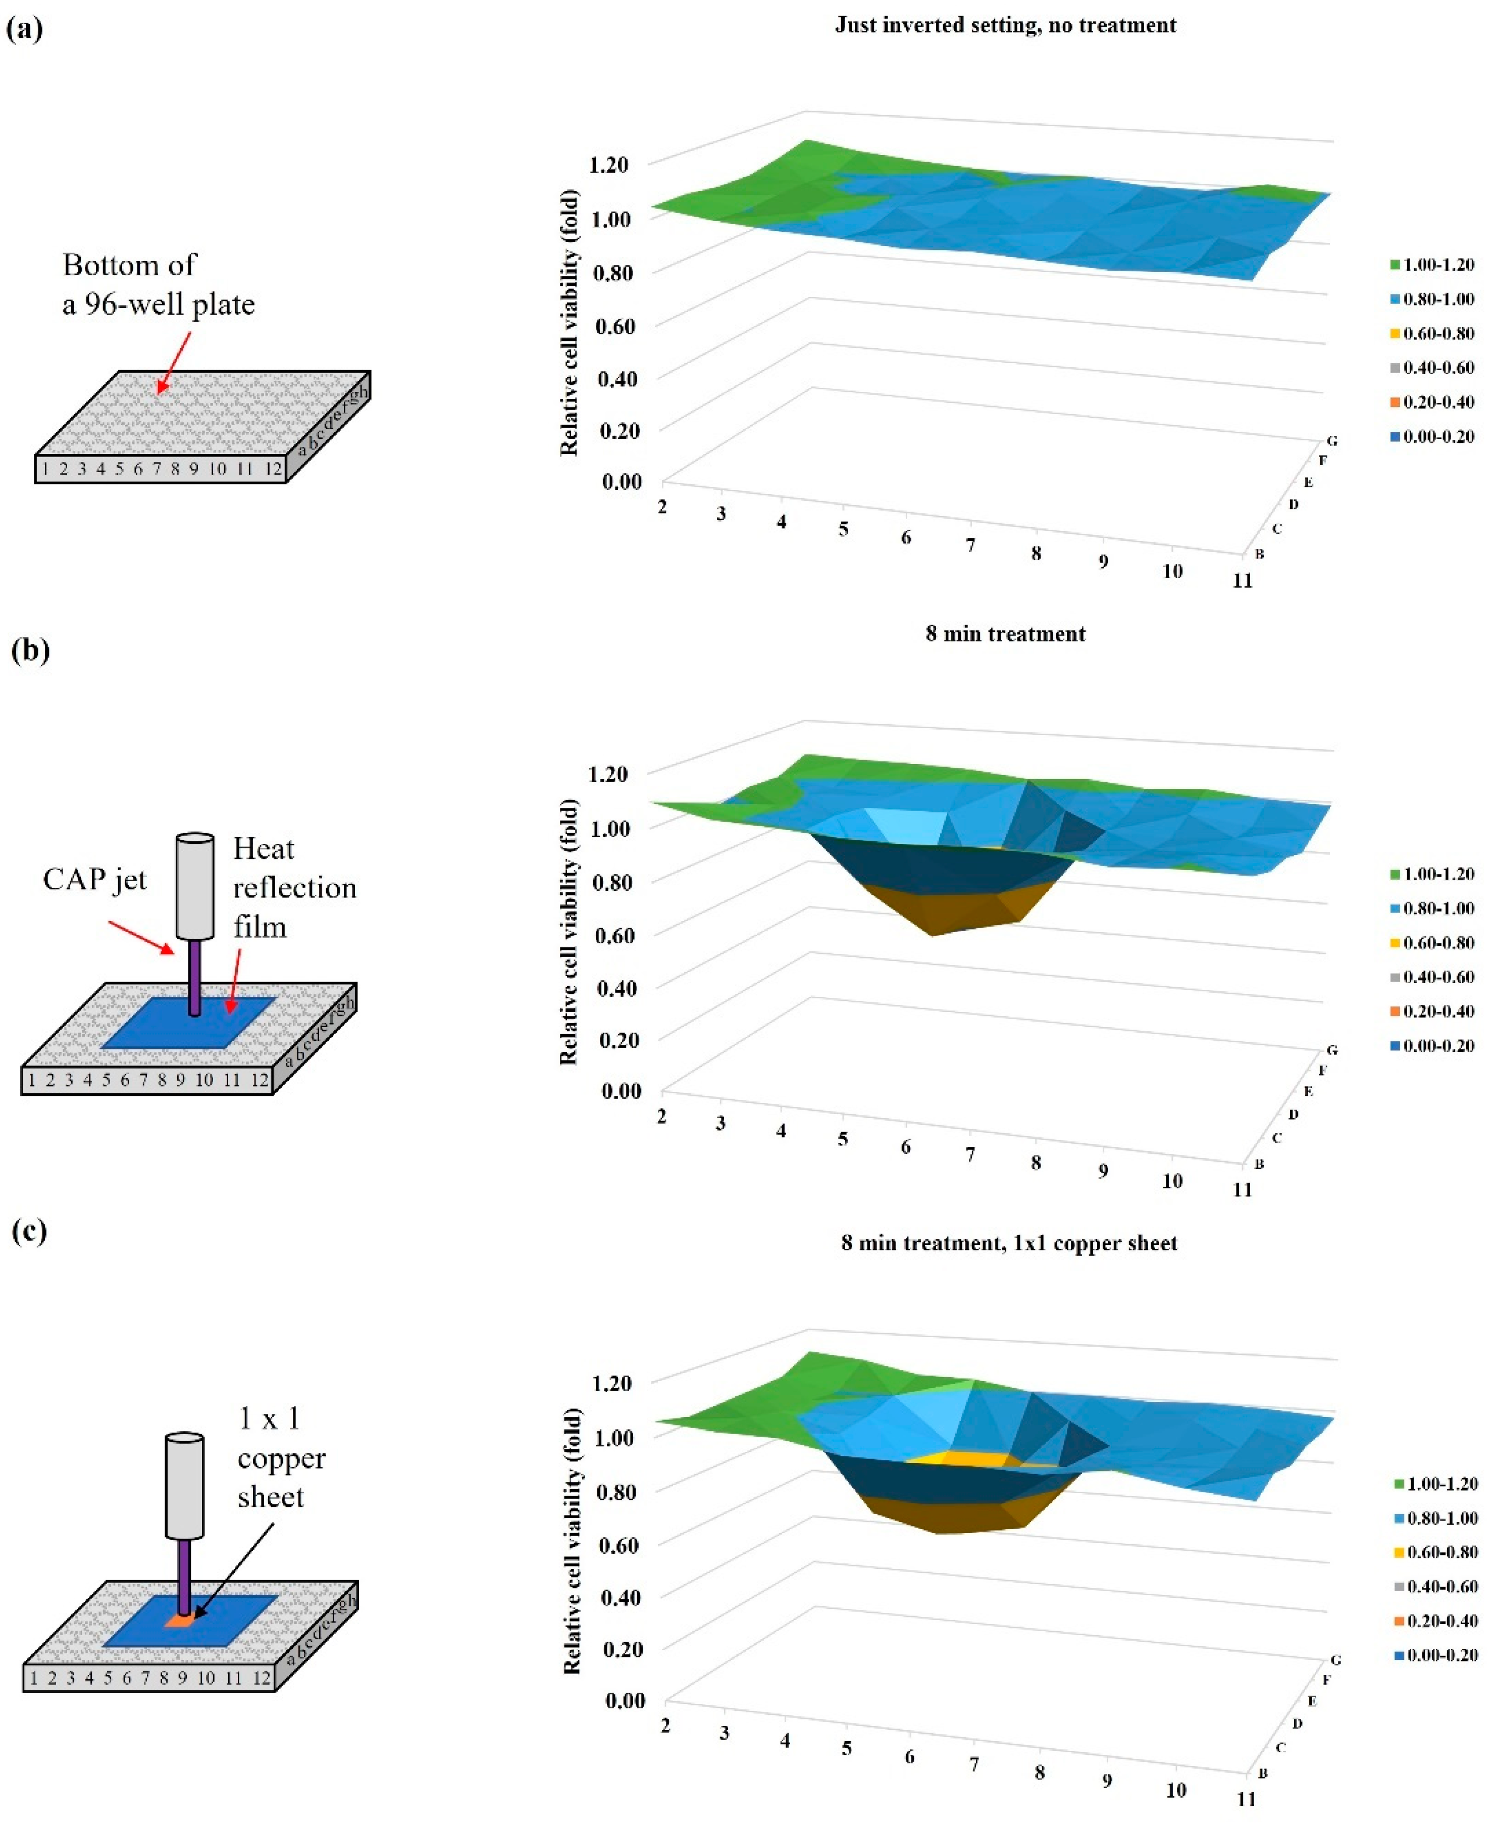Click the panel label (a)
[x=24, y=29]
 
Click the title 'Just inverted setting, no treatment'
[x=1005, y=25]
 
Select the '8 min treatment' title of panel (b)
[x=1005, y=634]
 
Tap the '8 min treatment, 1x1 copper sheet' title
[x=1008, y=1243]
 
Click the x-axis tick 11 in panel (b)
[x=1242, y=1189]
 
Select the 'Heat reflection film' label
[x=294, y=887]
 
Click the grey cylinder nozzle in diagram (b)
[x=194, y=885]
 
